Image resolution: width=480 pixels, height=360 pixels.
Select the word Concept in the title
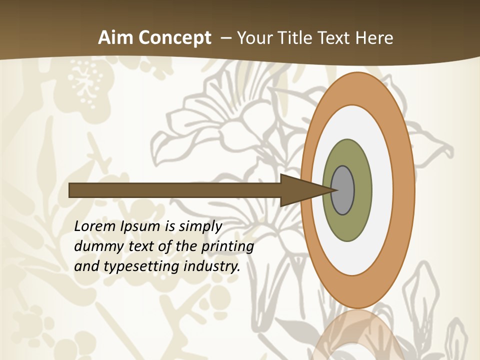175,38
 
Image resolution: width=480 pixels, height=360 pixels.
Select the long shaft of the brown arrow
175,190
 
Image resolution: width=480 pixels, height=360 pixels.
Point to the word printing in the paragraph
227,247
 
